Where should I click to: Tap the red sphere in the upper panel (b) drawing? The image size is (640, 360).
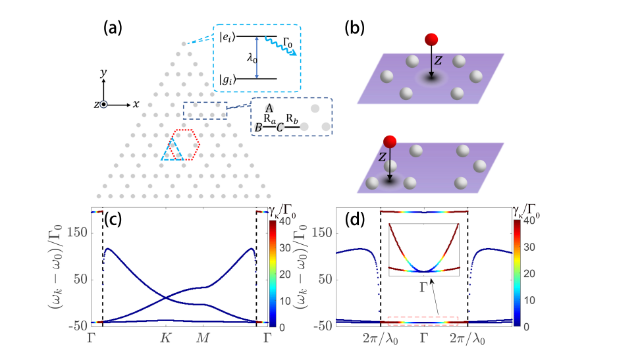click(431, 39)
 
